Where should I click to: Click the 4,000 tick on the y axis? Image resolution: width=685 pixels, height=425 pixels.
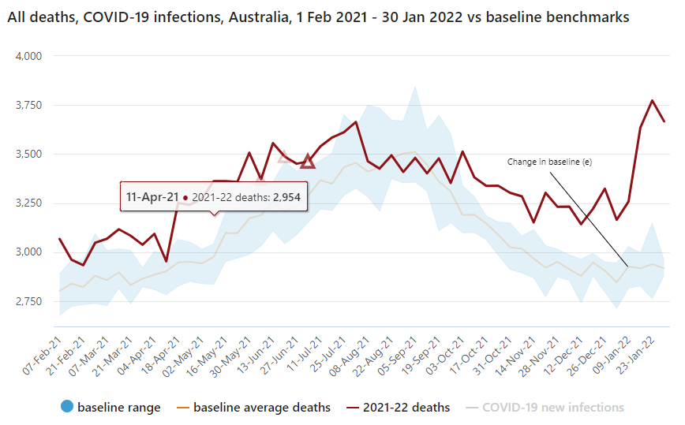[x=28, y=56]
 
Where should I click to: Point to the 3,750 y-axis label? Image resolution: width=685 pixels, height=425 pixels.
[x=28, y=105]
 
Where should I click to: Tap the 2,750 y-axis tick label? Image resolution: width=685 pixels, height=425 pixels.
[x=28, y=301]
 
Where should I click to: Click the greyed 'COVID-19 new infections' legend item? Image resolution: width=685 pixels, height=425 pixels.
[x=552, y=408]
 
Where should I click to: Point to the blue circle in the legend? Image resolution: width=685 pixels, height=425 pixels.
[x=66, y=408]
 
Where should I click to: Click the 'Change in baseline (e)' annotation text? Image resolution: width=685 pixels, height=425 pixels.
[x=549, y=162]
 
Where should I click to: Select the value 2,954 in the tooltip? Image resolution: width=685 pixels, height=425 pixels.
[x=286, y=196]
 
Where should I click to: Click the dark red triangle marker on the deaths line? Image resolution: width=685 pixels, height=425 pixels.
[x=308, y=161]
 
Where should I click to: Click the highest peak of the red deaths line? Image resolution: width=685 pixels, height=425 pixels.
[x=652, y=100]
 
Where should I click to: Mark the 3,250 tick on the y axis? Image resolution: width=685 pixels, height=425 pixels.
[x=28, y=203]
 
